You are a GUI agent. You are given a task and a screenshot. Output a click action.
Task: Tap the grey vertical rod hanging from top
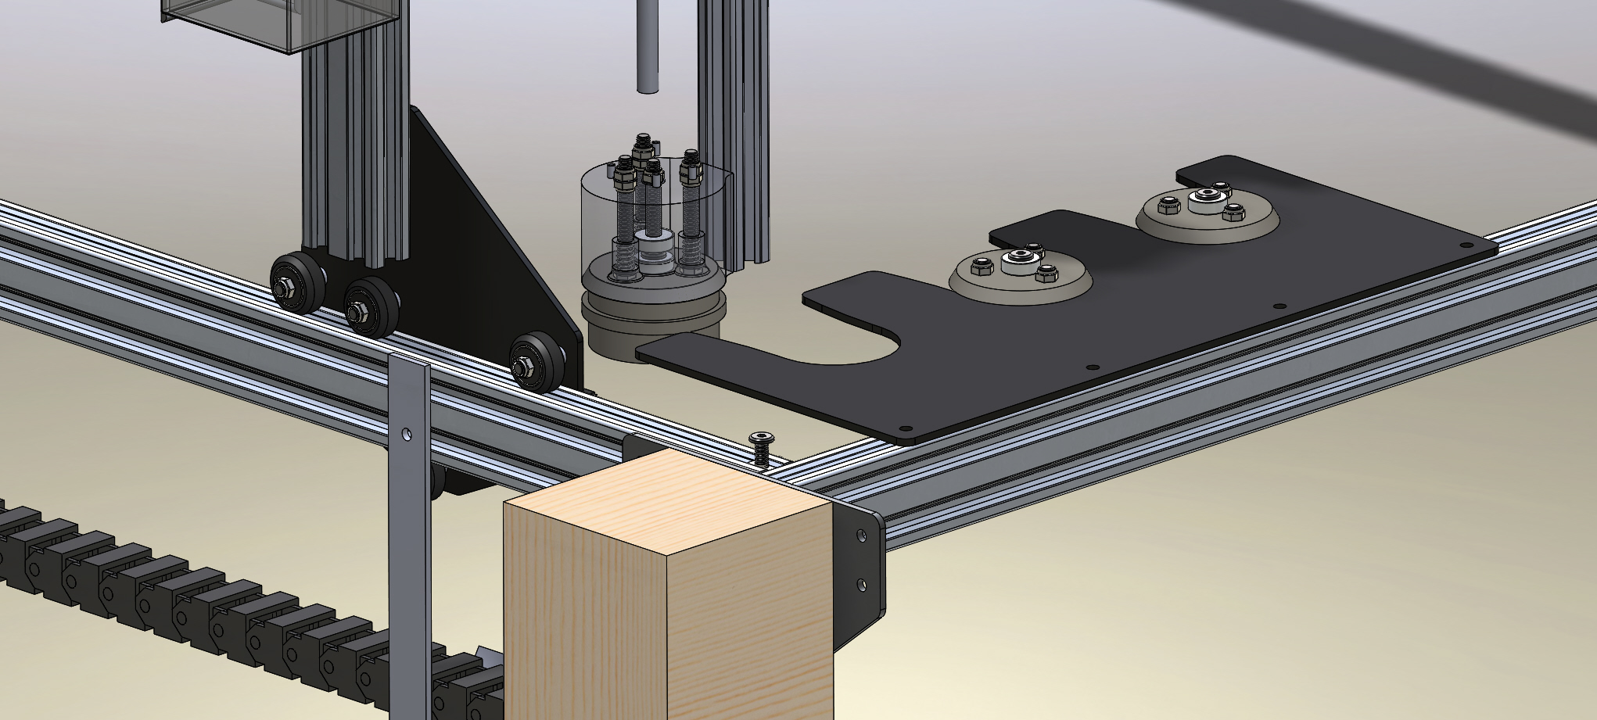[648, 47]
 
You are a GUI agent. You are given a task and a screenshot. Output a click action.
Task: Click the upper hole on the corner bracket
[862, 536]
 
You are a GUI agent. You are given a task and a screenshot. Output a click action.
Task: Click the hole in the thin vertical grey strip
[406, 432]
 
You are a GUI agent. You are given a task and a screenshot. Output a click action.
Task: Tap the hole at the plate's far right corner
[1466, 245]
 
